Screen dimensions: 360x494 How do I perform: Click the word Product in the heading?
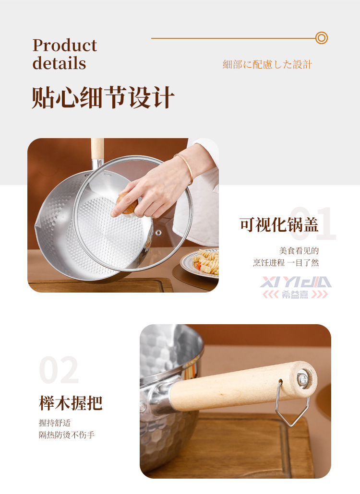(x=65, y=46)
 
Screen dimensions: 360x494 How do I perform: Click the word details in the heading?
(x=59, y=63)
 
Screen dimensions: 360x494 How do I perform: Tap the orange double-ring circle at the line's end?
(x=321, y=38)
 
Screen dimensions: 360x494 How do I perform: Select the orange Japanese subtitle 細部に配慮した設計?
(x=267, y=64)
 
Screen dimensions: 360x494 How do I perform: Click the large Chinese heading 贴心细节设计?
(x=103, y=97)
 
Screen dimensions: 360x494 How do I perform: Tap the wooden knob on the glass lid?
(x=127, y=204)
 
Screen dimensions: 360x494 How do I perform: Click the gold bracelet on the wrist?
(x=185, y=168)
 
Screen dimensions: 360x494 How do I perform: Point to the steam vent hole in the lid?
(x=158, y=233)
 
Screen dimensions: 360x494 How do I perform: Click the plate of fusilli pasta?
(x=201, y=262)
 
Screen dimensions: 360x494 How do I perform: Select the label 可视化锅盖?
(x=279, y=224)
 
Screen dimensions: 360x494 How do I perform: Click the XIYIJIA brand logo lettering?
(x=296, y=282)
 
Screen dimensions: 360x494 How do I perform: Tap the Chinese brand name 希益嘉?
(x=295, y=294)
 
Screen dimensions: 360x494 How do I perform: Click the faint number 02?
(x=59, y=370)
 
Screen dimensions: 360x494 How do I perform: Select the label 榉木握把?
(x=71, y=403)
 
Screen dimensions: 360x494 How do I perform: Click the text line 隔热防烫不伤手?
(x=67, y=435)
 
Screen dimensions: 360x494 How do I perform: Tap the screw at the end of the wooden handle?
(x=302, y=378)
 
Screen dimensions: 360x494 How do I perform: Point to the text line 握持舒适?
(x=55, y=423)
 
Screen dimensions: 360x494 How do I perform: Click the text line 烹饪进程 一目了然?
(x=286, y=263)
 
